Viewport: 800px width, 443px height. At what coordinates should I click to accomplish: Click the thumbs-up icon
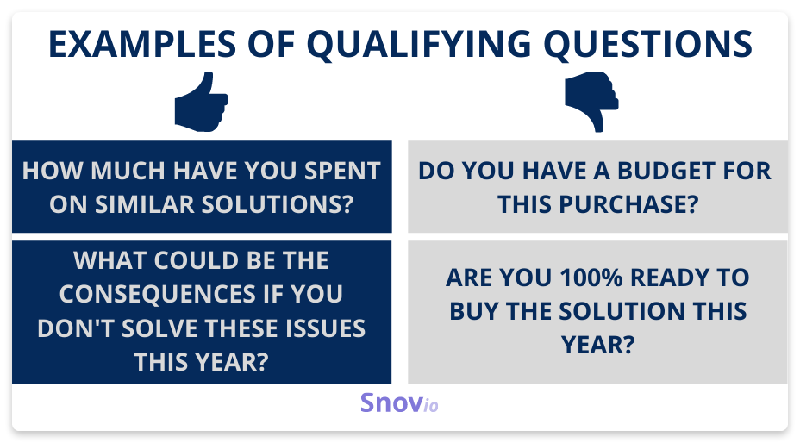[201, 102]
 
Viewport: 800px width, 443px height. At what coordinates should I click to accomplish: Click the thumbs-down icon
[591, 102]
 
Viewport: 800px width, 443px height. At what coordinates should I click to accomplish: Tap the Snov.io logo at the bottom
[399, 402]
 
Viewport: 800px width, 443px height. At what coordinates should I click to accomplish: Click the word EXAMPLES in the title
[142, 44]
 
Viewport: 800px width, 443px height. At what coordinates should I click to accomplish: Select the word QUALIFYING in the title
[419, 45]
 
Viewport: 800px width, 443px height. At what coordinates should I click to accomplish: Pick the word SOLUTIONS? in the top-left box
[277, 204]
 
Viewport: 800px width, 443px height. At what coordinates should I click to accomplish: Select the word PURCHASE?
[629, 204]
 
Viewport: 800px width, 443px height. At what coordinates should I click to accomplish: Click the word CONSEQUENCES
[158, 294]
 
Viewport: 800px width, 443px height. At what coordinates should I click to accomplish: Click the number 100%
[591, 278]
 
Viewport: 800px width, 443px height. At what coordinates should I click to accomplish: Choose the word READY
[670, 278]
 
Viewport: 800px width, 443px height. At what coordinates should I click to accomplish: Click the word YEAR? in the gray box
[598, 345]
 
